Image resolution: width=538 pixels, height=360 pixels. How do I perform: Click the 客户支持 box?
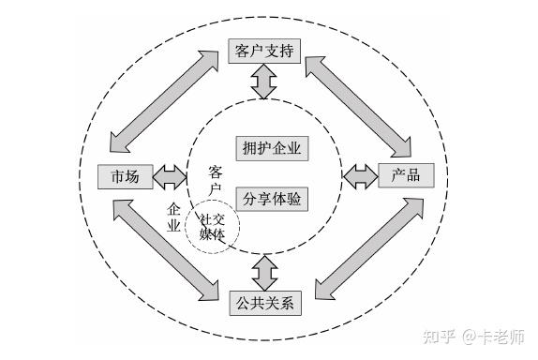click(264, 51)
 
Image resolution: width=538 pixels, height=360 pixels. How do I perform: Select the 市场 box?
click(125, 176)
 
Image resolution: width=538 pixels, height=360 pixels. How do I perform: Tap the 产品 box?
click(405, 176)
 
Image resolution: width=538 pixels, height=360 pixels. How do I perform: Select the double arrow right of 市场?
click(171, 176)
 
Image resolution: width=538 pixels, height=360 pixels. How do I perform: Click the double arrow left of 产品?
click(359, 176)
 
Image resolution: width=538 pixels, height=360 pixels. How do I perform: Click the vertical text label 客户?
click(215, 181)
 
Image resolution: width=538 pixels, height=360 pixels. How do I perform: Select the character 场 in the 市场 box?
click(133, 176)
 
